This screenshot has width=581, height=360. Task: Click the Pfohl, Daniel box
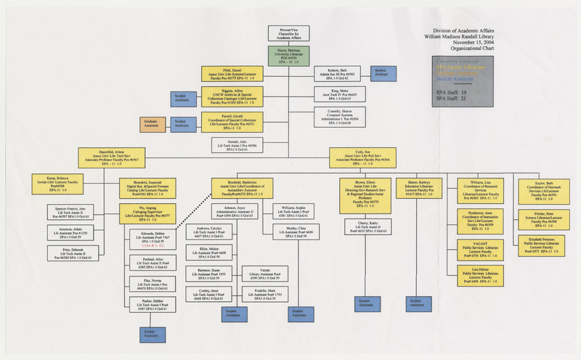(232, 73)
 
